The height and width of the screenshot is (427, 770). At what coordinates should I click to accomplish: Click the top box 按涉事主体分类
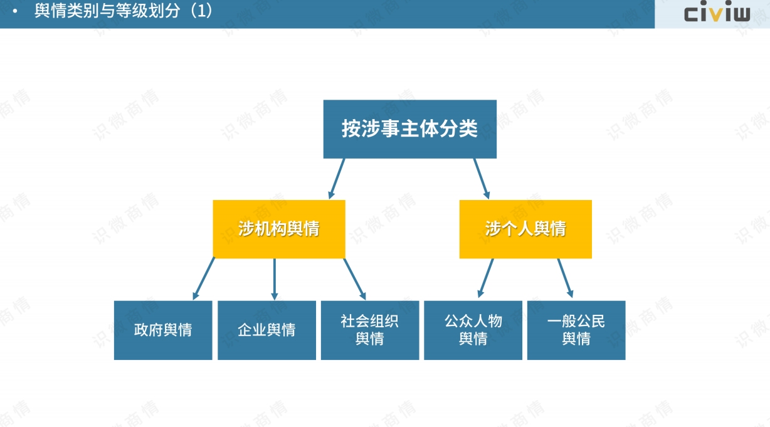coord(409,129)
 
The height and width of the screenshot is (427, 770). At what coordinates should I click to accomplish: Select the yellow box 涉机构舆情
coord(279,229)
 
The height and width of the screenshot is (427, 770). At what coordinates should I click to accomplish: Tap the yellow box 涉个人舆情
coord(525,229)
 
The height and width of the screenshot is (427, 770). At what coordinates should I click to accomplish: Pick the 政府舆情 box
coord(163,330)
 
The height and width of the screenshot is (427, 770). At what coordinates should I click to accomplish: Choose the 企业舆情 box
coord(266,330)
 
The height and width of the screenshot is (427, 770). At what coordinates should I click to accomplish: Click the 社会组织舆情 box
coord(370,330)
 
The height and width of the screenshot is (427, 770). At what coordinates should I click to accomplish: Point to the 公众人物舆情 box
coord(473,330)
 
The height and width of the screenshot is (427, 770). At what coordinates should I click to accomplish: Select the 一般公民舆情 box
coord(576,330)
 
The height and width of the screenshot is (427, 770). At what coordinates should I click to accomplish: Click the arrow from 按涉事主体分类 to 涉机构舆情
coord(337,179)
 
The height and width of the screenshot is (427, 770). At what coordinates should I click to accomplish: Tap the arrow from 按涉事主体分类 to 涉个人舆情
coord(482,179)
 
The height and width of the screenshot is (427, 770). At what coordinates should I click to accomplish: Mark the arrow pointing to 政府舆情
coord(204,279)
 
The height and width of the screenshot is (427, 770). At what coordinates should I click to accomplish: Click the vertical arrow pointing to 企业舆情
coord(274,279)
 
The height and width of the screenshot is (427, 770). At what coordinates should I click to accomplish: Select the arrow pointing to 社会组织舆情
coord(354,279)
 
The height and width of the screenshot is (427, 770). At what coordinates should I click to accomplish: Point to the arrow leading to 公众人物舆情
coord(485,278)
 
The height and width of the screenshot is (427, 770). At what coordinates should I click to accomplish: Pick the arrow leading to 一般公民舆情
coord(566,278)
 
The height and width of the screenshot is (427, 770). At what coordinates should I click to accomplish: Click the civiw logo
coord(717,11)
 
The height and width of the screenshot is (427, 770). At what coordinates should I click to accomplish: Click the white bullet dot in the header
coord(15,11)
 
